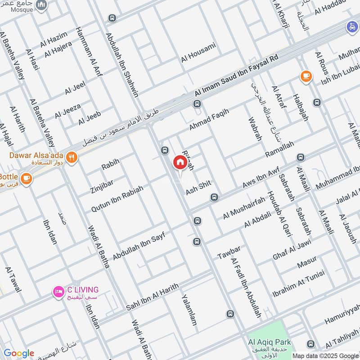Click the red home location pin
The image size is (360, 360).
pos(180,162)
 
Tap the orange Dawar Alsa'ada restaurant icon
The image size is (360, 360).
pos(72,157)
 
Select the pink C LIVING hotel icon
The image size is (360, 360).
pos(58,292)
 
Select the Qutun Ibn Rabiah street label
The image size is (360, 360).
pos(117,198)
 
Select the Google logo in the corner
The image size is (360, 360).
pos(18,353)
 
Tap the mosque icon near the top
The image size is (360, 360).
pos(41,5)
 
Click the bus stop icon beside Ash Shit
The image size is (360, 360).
pos(215,197)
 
